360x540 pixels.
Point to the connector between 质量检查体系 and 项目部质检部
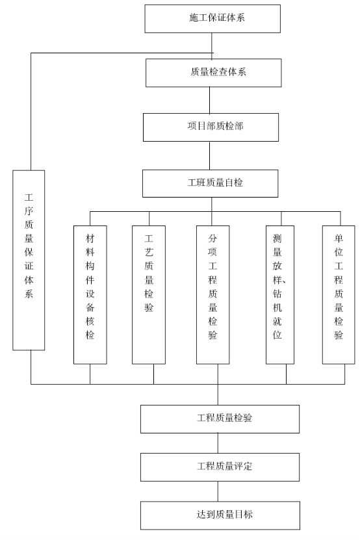coord(209,100)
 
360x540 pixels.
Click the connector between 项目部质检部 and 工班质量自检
coord(209,155)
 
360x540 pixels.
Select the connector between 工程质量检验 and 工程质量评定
coord(218,443)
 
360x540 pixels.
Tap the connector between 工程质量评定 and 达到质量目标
coord(218,491)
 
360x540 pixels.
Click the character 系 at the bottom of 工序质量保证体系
coord(29,294)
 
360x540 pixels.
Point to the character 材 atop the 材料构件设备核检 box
coord(90,238)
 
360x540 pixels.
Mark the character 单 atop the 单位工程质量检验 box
coord(339,238)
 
